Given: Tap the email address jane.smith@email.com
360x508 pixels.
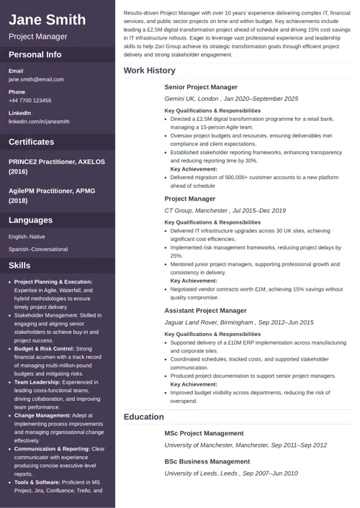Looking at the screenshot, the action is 36,80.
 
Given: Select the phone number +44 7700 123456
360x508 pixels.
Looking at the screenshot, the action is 30,101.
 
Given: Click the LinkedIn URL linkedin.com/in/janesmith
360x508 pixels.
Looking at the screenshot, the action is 39,122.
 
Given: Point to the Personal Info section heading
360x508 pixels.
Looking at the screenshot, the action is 35,55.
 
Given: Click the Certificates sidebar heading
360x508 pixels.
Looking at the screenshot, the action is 31,142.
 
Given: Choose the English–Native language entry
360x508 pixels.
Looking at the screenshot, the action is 27,236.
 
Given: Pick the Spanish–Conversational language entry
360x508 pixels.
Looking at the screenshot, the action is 38,249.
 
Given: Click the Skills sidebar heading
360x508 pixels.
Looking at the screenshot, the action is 19,266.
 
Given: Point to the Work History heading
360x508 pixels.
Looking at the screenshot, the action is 149,71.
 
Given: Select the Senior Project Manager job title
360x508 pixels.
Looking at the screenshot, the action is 201,87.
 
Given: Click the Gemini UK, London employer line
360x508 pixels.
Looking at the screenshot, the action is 231,99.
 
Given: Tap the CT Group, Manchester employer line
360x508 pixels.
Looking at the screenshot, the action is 225,211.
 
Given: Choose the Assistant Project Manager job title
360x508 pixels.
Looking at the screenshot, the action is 205,311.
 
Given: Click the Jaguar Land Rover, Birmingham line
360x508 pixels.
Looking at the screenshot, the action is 239,323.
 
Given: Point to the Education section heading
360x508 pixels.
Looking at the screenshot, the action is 143,417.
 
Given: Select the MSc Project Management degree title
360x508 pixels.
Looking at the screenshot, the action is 204,433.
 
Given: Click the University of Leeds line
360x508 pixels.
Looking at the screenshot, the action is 231,473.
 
